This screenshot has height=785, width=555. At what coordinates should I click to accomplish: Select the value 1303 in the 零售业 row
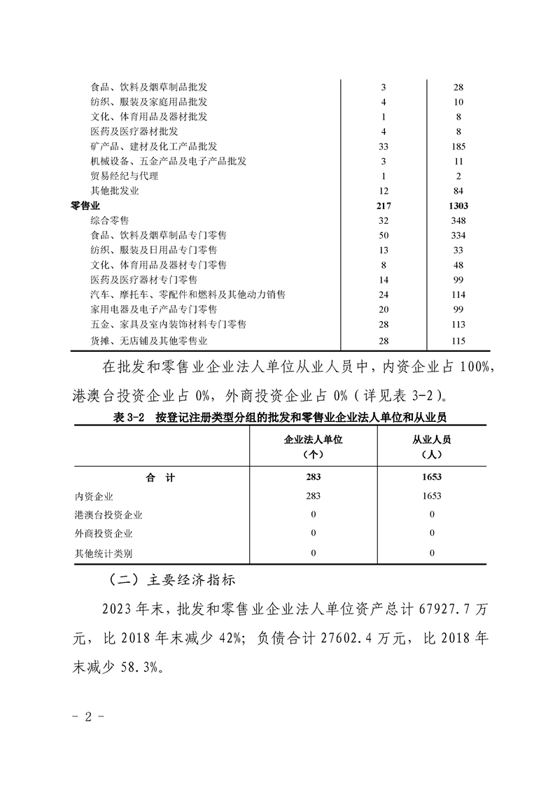tap(458, 206)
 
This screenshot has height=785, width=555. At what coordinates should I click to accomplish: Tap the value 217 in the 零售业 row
tap(384, 206)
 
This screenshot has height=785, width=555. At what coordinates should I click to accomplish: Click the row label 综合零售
tap(109, 220)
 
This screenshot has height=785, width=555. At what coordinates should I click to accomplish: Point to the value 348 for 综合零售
tap(458, 220)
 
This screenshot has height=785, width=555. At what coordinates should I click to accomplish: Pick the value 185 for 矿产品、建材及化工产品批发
tap(458, 146)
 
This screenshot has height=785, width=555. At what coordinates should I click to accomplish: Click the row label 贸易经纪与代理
tap(124, 176)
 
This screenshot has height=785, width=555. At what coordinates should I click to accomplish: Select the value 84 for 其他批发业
tap(458, 191)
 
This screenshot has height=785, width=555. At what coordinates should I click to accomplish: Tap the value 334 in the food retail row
tap(458, 235)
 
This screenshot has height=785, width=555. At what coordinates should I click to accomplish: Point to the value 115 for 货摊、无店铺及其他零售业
tap(458, 340)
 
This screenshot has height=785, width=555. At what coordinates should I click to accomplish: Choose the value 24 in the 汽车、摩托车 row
tap(384, 295)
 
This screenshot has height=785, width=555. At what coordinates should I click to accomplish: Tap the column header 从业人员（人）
tap(431, 446)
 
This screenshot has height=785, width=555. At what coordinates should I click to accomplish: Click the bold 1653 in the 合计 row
tap(431, 478)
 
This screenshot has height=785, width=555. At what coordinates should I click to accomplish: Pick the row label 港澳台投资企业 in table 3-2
tap(108, 515)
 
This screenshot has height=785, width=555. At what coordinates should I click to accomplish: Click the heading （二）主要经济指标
tap(165, 580)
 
